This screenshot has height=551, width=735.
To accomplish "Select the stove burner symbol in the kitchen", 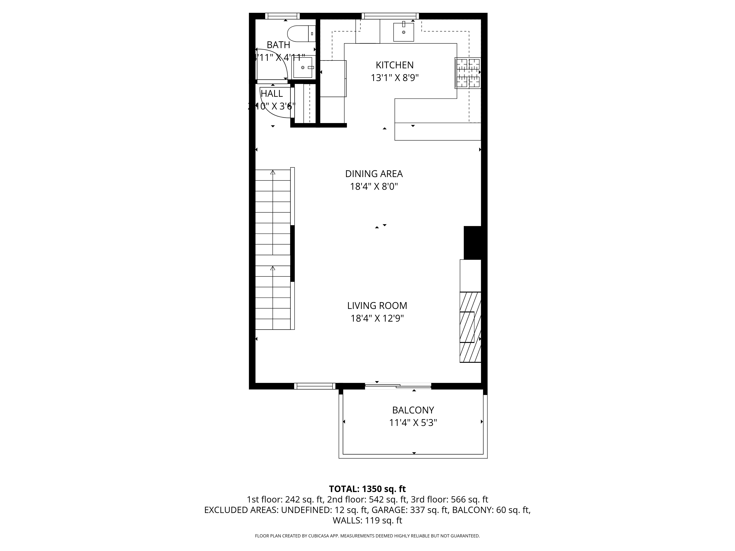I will (x=468, y=73).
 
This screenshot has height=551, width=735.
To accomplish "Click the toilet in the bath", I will (x=301, y=34).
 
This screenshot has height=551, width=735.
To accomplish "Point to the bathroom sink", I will (x=303, y=67).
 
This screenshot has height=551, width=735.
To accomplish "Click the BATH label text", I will (x=278, y=45).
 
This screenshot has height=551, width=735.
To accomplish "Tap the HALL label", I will (x=272, y=94).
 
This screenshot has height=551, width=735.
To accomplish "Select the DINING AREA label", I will (x=374, y=174).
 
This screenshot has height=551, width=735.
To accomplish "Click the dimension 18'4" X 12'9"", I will (x=377, y=318).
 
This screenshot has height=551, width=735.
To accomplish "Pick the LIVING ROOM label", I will (x=377, y=306).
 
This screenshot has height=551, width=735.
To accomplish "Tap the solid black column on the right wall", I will (x=472, y=242).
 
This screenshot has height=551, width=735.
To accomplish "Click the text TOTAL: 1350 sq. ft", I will (x=367, y=489).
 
